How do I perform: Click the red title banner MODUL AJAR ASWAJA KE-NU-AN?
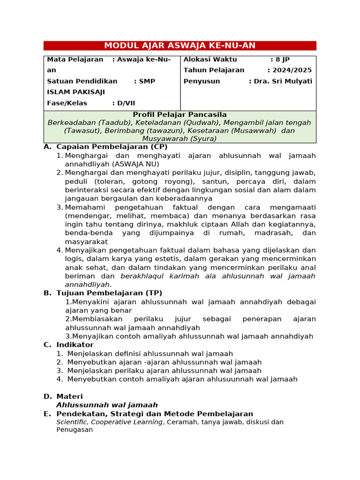[180, 45]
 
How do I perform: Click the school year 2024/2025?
[289, 70]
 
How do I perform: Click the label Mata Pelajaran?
[75, 60]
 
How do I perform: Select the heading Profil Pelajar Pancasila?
[180, 114]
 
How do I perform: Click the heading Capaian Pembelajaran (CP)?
[112, 147]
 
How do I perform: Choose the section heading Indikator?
[75, 345]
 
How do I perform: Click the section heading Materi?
[69, 397]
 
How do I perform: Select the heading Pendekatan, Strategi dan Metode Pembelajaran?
[155, 414]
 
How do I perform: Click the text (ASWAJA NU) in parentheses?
[135, 164]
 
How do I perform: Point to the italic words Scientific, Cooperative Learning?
[110, 422]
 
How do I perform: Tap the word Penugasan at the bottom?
[75, 429]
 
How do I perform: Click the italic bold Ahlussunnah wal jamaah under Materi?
[107, 405]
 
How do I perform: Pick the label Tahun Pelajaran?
[214, 70]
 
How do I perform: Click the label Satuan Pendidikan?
[82, 81]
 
